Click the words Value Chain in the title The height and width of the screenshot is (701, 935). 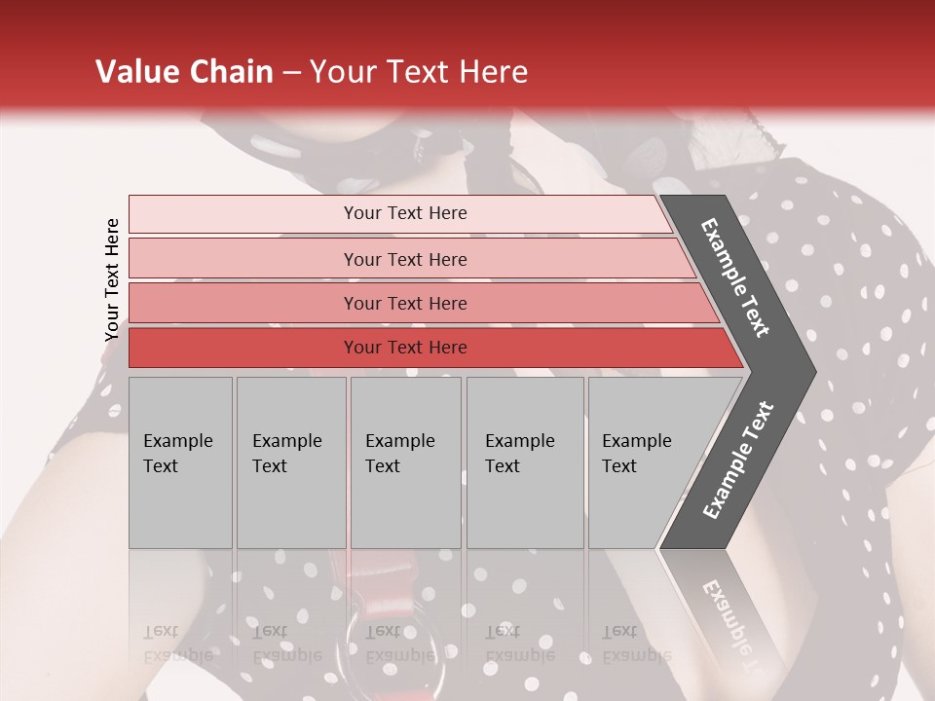point(184,72)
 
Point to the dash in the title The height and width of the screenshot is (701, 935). point(291,73)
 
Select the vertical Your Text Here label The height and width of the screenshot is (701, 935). point(112,279)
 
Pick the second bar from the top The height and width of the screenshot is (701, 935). point(405,259)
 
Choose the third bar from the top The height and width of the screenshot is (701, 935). point(405,303)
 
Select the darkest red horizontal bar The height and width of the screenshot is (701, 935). point(405,348)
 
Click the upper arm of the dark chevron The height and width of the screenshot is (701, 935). point(736,277)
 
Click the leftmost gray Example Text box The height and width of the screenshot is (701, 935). point(179,462)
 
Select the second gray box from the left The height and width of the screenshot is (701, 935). point(290,462)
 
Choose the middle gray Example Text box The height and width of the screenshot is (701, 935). point(405,462)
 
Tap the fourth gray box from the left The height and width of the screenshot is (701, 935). point(524,462)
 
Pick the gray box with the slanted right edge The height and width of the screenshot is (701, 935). point(643,462)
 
